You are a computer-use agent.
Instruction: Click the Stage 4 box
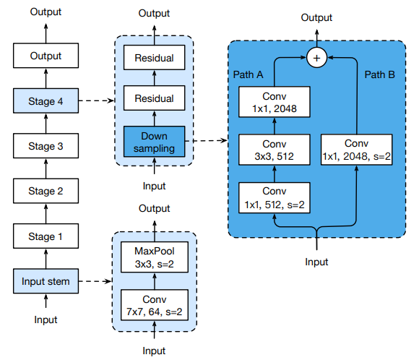coord(46,100)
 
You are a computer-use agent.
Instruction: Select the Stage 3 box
coord(46,146)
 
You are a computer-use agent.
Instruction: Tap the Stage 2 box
coord(46,191)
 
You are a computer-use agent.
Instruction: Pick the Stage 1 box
coord(46,236)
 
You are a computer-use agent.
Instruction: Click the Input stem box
coord(46,281)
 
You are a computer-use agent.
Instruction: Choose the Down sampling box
coord(154,142)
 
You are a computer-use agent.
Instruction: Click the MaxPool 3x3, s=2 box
coord(155,257)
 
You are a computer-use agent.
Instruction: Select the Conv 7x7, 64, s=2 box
coord(155,305)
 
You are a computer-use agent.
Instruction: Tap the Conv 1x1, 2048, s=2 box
coord(356,150)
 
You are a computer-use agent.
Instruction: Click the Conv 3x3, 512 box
coord(275,150)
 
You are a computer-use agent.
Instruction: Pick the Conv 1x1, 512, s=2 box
coord(275,198)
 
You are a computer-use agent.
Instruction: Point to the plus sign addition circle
coord(317,58)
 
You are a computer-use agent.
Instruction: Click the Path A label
coord(248,74)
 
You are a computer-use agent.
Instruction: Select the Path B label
coord(380,74)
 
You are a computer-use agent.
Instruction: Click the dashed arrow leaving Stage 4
coord(97,100)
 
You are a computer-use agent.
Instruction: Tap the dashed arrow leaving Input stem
coord(95,281)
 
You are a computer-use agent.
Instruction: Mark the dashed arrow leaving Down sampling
coord(207,140)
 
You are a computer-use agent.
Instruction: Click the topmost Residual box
coord(154,58)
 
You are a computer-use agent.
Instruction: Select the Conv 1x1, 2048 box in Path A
coord(275,102)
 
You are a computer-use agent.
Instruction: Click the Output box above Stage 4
coord(46,56)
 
